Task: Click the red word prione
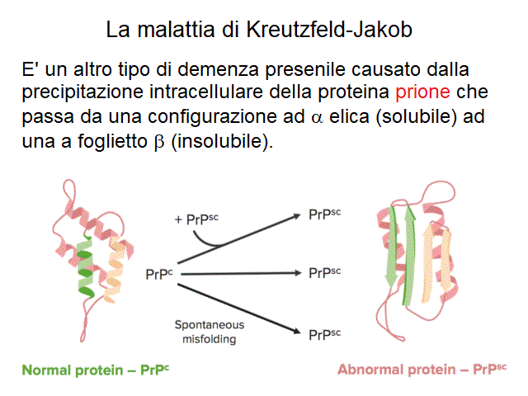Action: [422, 92]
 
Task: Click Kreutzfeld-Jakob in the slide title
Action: [329, 30]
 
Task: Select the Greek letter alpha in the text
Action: [317, 118]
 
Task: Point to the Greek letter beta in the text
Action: [159, 142]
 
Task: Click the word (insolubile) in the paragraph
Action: [222, 141]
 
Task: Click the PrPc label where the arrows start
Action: [159, 274]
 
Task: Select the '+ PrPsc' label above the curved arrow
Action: [196, 219]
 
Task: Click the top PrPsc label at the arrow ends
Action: [324, 214]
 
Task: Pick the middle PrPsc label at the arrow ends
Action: [324, 273]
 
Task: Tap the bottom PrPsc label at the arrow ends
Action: [324, 335]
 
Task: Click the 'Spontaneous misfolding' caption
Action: [210, 332]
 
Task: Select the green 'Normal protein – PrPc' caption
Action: [96, 370]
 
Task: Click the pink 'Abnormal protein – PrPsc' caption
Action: [422, 369]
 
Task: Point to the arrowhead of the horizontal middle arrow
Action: [298, 273]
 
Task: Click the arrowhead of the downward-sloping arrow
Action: [296, 331]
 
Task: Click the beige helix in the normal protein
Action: [115, 270]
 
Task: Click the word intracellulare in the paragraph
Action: [206, 92]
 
